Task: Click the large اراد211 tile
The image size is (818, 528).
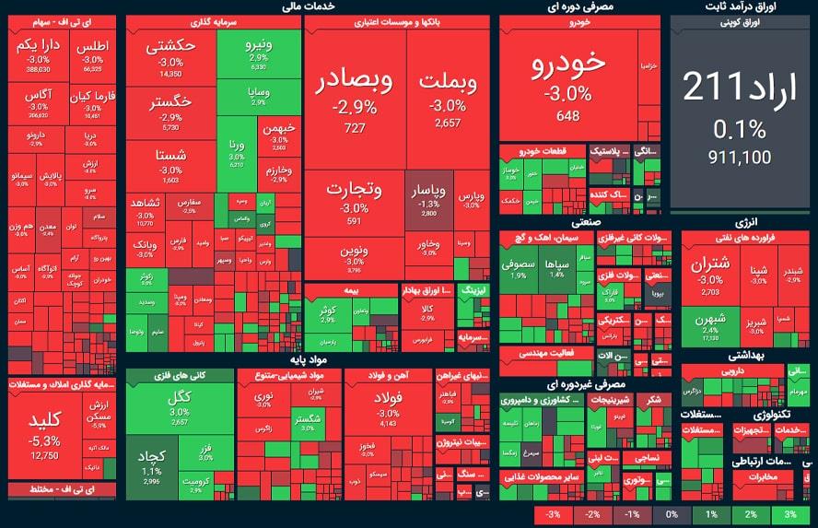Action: click(727, 111)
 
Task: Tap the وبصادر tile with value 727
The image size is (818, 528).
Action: click(354, 97)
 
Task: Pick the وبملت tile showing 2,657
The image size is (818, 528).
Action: click(448, 97)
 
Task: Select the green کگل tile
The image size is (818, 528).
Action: click(179, 405)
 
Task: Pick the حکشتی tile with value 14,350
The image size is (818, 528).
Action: click(170, 55)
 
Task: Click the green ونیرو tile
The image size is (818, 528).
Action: click(259, 51)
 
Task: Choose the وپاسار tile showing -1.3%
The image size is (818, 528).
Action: click(427, 198)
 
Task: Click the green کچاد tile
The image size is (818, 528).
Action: click(151, 465)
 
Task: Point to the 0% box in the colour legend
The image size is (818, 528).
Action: click(672, 513)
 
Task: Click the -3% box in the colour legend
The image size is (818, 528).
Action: click(553, 513)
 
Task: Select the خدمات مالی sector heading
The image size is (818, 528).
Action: click(306, 6)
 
